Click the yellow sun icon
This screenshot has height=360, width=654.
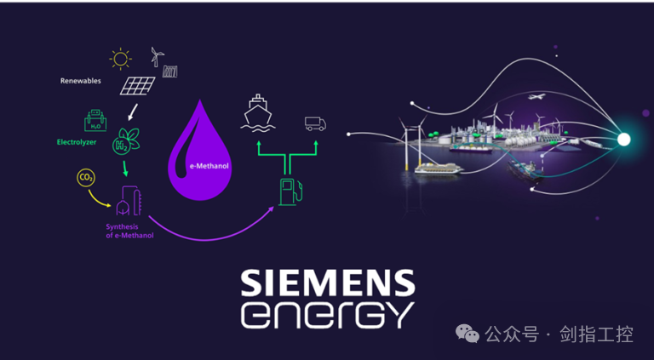click(120, 59)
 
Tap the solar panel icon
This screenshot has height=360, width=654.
click(137, 85)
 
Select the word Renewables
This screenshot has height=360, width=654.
click(81, 81)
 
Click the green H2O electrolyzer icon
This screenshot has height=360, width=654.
click(95, 120)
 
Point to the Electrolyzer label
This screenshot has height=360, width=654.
click(77, 142)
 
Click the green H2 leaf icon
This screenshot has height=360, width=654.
click(125, 140)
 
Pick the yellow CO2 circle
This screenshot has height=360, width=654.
click(86, 179)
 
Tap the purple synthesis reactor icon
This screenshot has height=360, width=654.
click(129, 201)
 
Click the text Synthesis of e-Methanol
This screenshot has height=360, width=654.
click(129, 231)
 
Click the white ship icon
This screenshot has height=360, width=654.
click(258, 112)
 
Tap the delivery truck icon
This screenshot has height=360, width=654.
click(315, 123)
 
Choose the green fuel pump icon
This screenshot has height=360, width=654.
click(290, 191)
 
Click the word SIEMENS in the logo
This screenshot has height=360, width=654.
click(328, 283)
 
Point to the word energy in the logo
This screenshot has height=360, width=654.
click(328, 315)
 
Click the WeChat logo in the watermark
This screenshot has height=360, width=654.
click(468, 334)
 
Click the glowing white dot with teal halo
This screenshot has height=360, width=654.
click(623, 140)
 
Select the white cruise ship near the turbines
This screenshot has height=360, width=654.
click(439, 168)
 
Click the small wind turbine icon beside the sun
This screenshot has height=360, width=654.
click(158, 57)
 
